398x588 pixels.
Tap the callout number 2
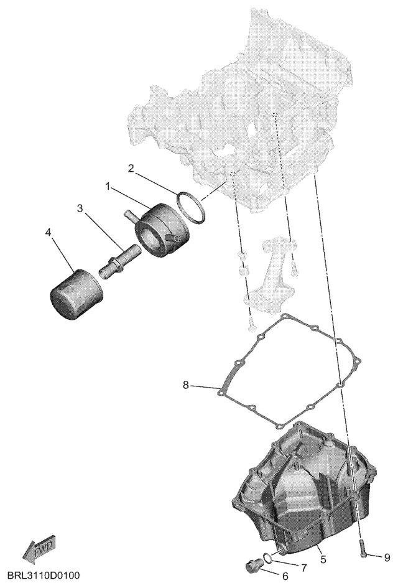131,169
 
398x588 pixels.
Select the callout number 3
80,208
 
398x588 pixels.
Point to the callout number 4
48,233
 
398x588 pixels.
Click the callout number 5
323,560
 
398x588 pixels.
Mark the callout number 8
186,385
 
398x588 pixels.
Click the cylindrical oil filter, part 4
76,294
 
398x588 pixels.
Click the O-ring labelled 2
191,207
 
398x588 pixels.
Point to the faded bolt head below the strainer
251,324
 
